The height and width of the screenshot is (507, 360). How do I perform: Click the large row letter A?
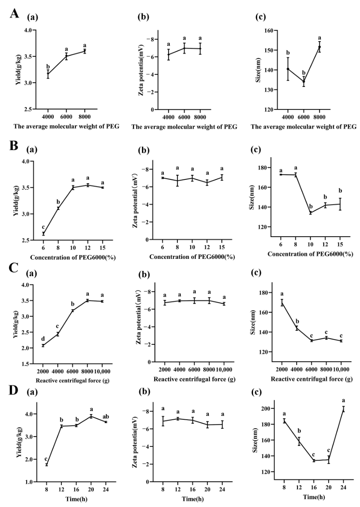[14, 13]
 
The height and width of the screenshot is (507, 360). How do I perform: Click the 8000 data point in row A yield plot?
[85, 51]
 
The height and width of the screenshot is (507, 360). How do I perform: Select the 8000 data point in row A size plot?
[319, 47]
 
